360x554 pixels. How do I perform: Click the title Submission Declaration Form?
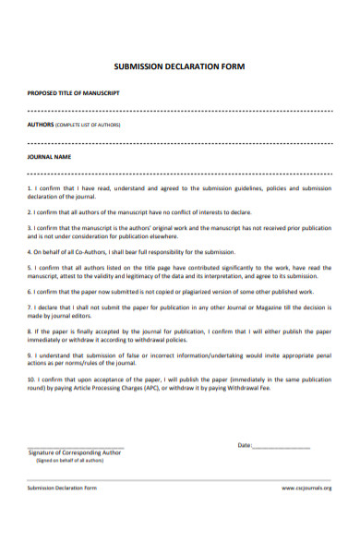[179, 66]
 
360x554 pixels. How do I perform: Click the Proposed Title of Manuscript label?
[73, 93]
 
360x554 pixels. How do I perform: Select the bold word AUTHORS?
[41, 124]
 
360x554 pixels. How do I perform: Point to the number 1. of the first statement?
[30, 187]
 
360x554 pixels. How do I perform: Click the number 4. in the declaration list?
[30, 251]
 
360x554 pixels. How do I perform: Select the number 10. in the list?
[32, 379]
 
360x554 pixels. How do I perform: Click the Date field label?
[244, 445]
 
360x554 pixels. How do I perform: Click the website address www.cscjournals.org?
[306, 488]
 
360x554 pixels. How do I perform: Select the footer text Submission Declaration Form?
[62, 488]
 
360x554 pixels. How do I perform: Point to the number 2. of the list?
[30, 212]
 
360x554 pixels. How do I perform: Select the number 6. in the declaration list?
[30, 291]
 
